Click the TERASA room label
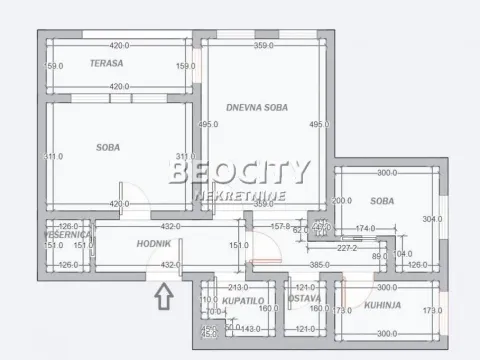click(x=106, y=63)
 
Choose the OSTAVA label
click(x=304, y=299)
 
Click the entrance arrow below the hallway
click(x=165, y=296)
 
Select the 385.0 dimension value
click(x=320, y=265)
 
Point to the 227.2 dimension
click(x=348, y=248)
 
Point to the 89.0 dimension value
click(x=378, y=256)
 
